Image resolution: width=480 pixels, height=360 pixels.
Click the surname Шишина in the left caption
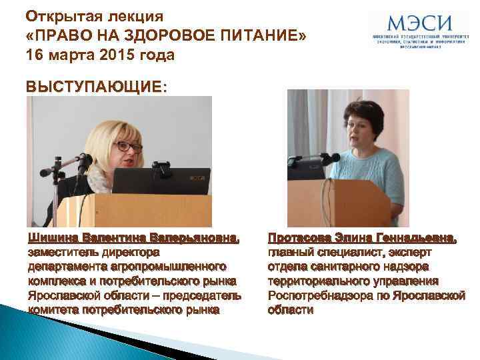[x=53, y=238]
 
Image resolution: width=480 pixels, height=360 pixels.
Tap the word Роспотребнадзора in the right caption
[x=323, y=295]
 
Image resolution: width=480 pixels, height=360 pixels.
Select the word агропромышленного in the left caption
[x=167, y=267]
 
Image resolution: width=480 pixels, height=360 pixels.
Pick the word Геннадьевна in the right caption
[x=414, y=238]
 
